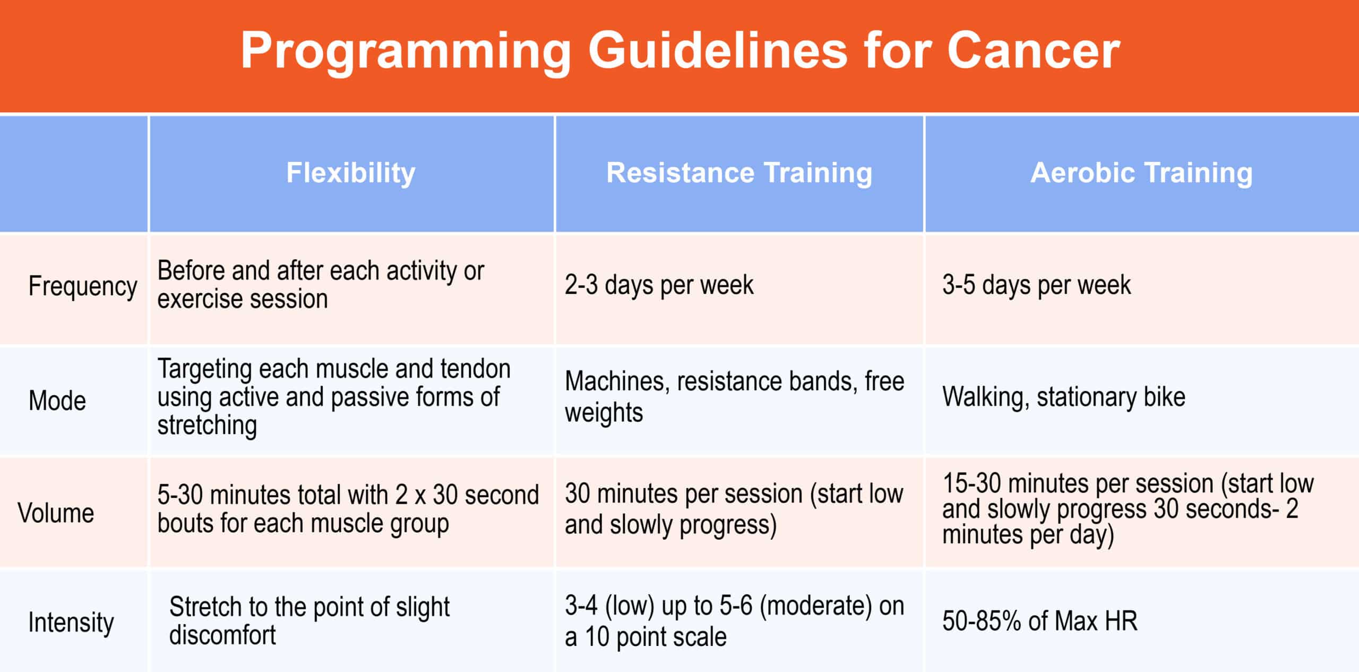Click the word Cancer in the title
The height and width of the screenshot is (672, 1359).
click(1033, 50)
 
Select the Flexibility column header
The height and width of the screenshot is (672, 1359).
click(351, 173)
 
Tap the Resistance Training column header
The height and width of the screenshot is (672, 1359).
click(739, 173)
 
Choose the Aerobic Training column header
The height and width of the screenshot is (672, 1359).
click(1141, 173)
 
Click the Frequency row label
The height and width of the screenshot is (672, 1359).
click(83, 287)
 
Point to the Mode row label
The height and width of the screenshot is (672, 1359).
click(57, 401)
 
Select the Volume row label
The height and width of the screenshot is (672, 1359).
click(56, 513)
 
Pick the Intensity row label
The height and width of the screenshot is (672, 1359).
click(71, 623)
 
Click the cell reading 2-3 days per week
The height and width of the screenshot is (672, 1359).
click(659, 286)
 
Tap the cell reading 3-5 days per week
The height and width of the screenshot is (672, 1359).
click(1036, 286)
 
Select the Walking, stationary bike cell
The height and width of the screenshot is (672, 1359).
click(1064, 397)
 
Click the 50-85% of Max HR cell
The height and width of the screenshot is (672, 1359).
click(1040, 621)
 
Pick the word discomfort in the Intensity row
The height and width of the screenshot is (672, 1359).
click(222, 635)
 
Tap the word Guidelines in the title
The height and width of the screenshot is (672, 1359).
click(718, 50)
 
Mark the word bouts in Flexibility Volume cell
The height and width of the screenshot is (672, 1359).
click(185, 524)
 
